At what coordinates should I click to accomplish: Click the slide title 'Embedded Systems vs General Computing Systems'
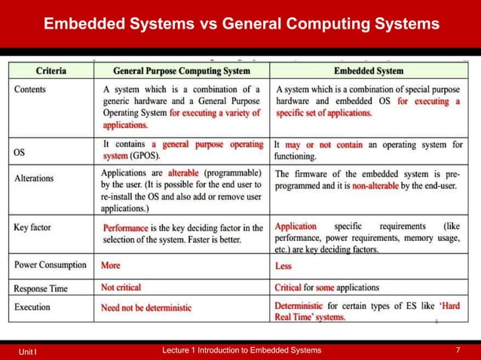[x=240, y=25]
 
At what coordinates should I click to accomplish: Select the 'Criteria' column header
[x=51, y=71]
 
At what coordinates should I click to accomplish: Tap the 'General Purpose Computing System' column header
[x=181, y=71]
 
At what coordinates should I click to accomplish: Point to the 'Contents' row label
[x=30, y=89]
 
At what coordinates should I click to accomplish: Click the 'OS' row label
[x=21, y=152]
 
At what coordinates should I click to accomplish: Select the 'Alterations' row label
[x=34, y=178]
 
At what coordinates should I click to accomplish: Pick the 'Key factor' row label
[x=34, y=227]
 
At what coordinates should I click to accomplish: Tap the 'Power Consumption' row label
[x=51, y=265]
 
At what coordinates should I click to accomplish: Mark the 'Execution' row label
[x=33, y=307]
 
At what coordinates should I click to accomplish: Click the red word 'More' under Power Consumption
[x=111, y=265]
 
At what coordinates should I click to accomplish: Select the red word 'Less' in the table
[x=283, y=266]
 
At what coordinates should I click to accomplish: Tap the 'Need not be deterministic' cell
[x=146, y=307]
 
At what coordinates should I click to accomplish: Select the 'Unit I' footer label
[x=29, y=352]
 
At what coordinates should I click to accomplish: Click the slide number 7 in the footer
[x=458, y=351]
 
